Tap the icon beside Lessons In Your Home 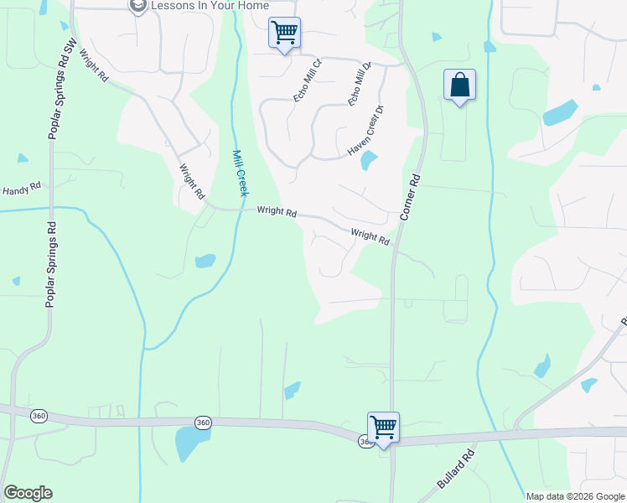click(x=137, y=6)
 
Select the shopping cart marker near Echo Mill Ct click(x=284, y=34)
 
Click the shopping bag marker click(x=459, y=86)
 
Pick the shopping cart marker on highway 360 click(x=383, y=428)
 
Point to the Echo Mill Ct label click(x=307, y=80)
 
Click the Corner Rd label click(x=408, y=198)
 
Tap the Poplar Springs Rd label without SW click(x=50, y=264)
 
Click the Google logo click(x=28, y=493)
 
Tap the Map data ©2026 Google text click(x=576, y=496)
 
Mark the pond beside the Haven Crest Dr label click(x=369, y=160)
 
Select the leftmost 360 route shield click(x=38, y=416)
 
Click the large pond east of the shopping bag click(x=560, y=112)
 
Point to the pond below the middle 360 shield click(x=188, y=444)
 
